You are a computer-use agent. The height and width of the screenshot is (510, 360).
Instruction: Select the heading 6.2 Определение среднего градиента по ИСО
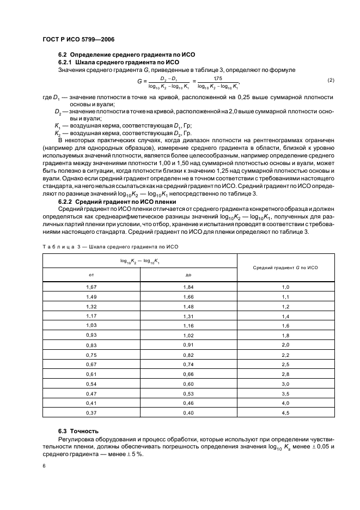coord(126,55)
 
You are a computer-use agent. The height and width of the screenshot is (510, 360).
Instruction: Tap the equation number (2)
coord(331,81)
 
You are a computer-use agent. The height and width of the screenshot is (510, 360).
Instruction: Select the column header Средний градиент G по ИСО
coord(285,268)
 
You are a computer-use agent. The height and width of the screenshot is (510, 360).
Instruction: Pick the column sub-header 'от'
coord(91,275)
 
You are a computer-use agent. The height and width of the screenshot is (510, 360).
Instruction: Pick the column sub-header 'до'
coord(188,275)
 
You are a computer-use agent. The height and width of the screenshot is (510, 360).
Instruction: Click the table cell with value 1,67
coord(91,287)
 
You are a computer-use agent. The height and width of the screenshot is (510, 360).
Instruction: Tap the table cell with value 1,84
coord(188,287)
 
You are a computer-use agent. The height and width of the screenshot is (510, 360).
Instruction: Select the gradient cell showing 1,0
coord(285,287)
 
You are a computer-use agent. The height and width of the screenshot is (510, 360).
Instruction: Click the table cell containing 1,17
coord(91,316)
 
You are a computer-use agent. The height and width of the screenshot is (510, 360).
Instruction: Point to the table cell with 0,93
coord(91,335)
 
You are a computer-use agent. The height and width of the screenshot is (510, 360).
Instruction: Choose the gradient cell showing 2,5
coord(285,364)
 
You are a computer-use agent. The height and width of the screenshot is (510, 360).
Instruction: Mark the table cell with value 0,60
coord(188,384)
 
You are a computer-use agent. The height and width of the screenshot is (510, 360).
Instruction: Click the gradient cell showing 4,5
coord(285,412)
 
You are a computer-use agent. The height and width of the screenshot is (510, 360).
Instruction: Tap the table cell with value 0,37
coord(91,412)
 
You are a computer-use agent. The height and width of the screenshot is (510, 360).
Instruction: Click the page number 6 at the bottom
coord(44,466)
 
